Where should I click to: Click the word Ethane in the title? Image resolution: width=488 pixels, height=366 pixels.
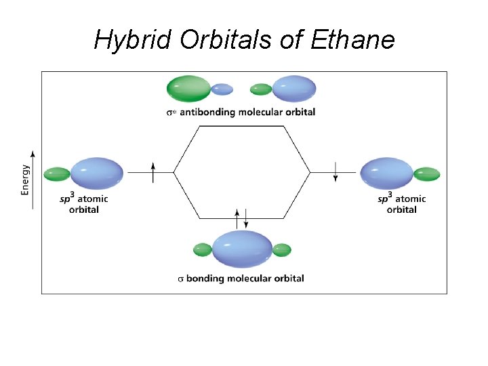coord(352,40)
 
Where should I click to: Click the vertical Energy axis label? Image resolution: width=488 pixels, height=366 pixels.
coord(25,180)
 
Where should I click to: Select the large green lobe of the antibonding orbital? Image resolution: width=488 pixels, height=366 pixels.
coord(189,88)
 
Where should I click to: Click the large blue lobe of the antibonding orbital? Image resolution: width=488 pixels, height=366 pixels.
coord(294,89)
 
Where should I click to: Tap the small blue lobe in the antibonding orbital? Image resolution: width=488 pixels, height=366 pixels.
coord(222,89)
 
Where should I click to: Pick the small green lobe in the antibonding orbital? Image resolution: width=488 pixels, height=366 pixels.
coord(261,89)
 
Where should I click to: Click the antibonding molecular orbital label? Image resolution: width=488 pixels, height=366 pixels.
coord(241,112)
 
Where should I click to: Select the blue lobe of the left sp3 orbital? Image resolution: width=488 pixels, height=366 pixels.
coord(97,173)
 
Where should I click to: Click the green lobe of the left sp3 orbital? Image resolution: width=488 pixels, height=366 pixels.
coord(57,174)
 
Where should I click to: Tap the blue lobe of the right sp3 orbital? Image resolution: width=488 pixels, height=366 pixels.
coord(387,173)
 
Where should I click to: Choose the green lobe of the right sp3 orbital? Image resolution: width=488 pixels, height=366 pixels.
coord(427,174)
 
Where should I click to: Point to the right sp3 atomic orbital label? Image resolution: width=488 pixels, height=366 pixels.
coord(401,204)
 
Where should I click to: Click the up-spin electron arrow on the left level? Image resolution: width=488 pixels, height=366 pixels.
coord(154,172)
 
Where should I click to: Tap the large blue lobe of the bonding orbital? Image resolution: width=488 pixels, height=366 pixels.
coord(243,249)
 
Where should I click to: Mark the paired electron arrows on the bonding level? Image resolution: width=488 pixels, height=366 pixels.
coord(241,218)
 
